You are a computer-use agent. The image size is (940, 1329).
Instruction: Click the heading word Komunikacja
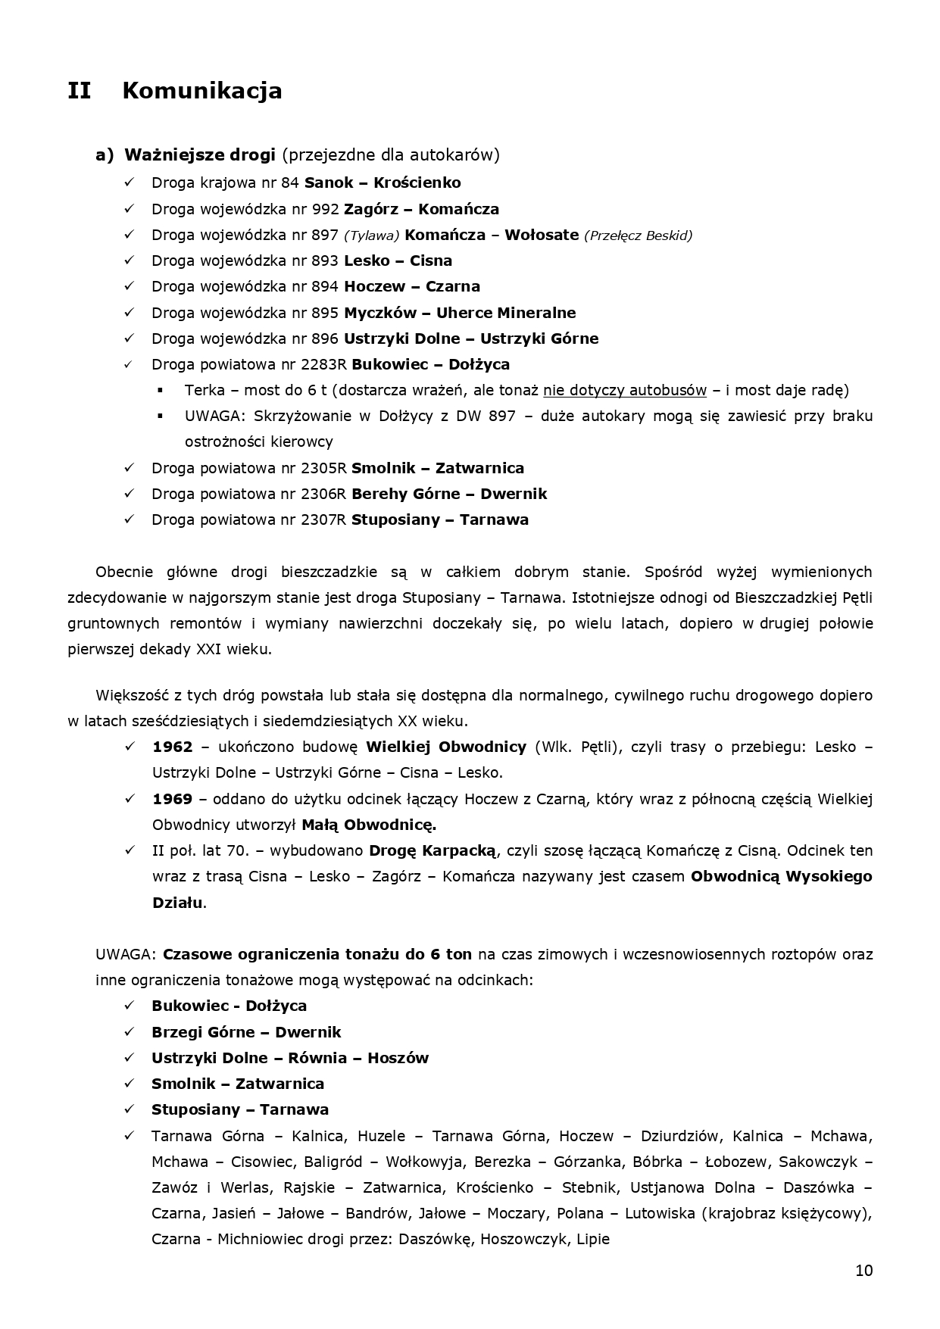point(201,91)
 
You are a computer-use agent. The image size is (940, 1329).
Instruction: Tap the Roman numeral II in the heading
point(79,91)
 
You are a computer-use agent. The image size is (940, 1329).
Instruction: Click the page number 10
point(863,1271)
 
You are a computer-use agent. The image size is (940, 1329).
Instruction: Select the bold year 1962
point(173,747)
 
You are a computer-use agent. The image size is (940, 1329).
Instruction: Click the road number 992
point(325,209)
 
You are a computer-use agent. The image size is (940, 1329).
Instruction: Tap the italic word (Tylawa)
point(371,236)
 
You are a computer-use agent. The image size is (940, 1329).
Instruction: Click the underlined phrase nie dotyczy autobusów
point(624,390)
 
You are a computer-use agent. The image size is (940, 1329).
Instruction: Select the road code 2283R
point(323,364)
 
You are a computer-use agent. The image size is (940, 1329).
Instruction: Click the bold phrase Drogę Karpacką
point(433,850)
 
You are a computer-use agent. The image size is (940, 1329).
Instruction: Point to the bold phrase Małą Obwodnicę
point(369,825)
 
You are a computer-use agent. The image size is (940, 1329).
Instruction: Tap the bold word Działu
point(177,903)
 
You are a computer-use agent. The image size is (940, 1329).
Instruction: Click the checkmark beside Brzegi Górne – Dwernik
point(130,1031)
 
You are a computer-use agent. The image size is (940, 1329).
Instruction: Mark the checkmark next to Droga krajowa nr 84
point(130,183)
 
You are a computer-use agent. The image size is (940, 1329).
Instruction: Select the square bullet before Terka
point(161,390)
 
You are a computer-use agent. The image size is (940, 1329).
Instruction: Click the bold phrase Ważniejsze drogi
point(199,154)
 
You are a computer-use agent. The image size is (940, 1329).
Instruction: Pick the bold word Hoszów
point(398,1058)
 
